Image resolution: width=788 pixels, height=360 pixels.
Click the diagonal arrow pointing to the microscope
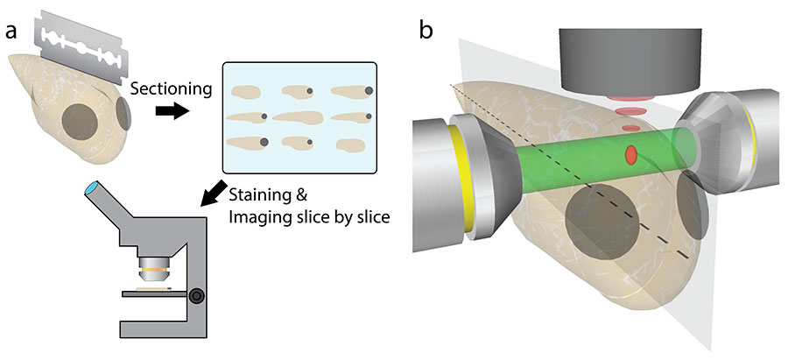(212, 194)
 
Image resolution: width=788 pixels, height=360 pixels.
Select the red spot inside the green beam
(630, 155)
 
